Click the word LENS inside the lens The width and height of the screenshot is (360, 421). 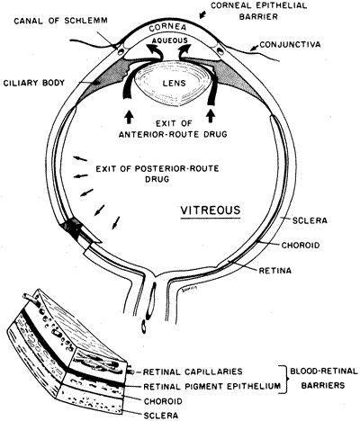coord(174,83)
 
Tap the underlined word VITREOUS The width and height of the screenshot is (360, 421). coord(211,210)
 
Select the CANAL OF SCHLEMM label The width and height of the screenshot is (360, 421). coord(60,21)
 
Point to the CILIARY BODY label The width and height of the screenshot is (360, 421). coord(34,83)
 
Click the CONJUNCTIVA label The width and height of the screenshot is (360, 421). coord(290,45)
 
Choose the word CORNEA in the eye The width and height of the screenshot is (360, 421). coord(168,28)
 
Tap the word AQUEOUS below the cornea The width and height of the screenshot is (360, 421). coord(170,40)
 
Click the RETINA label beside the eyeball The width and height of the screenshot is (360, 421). coord(275,271)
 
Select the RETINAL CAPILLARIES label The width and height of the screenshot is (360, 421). coord(193,372)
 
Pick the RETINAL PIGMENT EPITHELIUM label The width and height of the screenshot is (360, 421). coord(212,386)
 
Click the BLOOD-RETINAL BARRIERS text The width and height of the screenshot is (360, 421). coord(324,378)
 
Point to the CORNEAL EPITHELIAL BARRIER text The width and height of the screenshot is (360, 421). coord(258,11)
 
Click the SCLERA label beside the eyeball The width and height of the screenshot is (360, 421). coord(310,220)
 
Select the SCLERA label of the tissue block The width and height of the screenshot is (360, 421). coord(161,416)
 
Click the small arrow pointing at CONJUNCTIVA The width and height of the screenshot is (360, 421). coord(254,47)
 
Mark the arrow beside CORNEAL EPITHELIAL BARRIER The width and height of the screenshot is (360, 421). coord(203,13)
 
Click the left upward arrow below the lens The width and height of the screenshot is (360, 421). coord(129,117)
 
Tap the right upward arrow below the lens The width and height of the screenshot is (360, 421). coord(211,116)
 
